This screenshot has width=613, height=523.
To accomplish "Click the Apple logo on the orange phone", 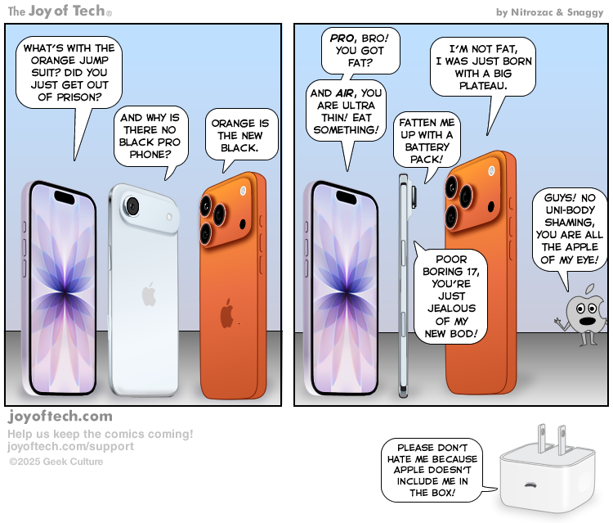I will pos(227,313).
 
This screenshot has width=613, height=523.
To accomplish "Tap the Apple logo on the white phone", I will pos(149,294).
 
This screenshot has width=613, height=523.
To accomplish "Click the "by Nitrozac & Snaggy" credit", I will pos(550,12).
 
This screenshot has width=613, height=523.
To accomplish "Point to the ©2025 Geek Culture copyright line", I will pos(56,462).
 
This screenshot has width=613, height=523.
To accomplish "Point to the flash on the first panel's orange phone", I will pos(243,191).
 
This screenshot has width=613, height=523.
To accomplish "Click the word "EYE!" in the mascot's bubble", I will pos(590,261).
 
